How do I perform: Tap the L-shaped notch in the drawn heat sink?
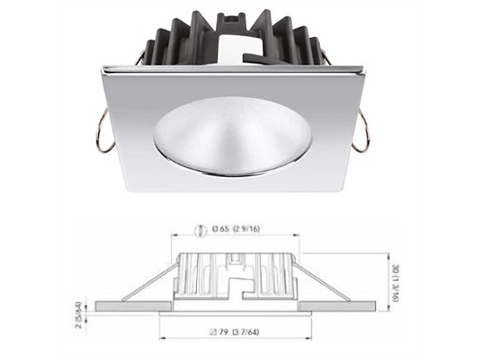(x=238, y=282)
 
